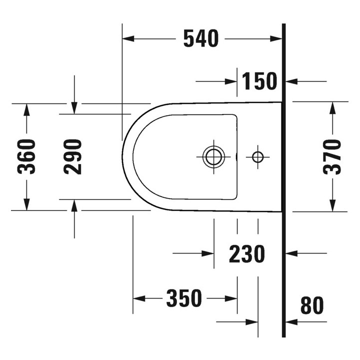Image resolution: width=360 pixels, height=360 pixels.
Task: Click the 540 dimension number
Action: (201, 38)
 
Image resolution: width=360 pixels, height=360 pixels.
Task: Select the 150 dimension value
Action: (259, 81)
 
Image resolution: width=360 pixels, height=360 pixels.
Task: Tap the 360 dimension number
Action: (26, 156)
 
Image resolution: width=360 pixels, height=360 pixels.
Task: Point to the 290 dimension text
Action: (73, 157)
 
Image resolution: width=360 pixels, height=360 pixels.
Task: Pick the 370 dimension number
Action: (332, 157)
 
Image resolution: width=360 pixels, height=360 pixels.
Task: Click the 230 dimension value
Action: (247, 254)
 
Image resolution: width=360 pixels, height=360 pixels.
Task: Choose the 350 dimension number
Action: (184, 298)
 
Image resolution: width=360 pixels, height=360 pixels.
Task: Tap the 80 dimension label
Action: (312, 305)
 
